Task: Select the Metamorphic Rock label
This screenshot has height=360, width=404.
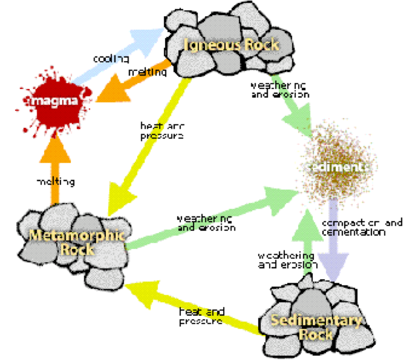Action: pyautogui.click(x=68, y=243)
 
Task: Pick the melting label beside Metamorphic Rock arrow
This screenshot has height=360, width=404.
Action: pyautogui.click(x=55, y=182)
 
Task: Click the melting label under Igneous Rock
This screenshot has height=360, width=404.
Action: pyautogui.click(x=146, y=73)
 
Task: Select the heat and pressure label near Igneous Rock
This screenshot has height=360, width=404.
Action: pyautogui.click(x=162, y=130)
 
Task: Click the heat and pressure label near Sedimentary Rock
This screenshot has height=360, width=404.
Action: pyautogui.click(x=201, y=316)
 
